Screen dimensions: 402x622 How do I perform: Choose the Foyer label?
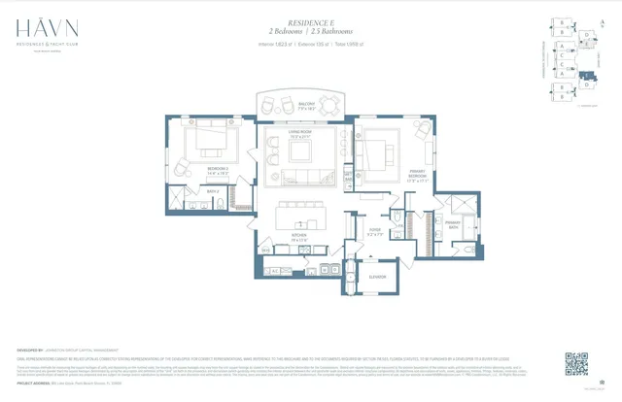click(x=374, y=230)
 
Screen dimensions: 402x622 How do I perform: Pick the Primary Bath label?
click(x=452, y=222)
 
